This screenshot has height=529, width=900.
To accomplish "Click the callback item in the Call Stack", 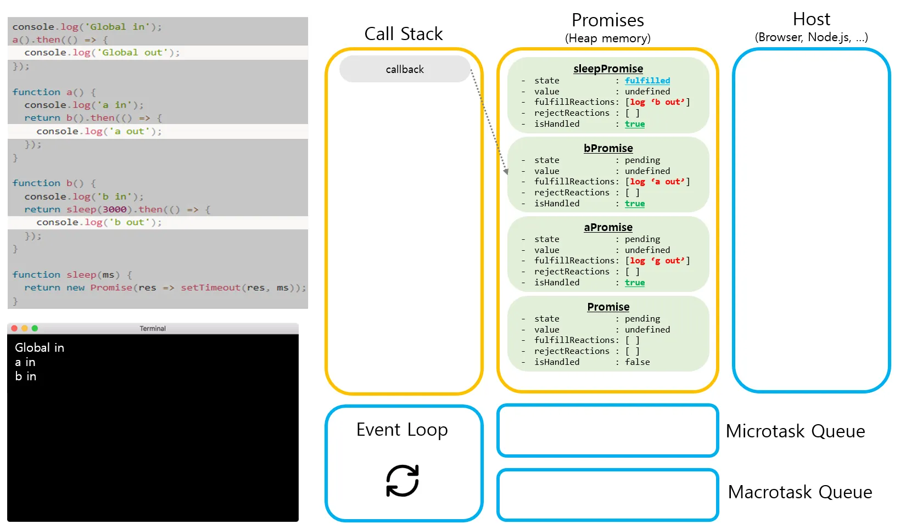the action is [x=405, y=69].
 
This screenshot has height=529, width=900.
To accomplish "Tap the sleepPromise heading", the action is [x=608, y=69].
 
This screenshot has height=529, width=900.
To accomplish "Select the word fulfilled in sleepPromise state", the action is [x=647, y=80].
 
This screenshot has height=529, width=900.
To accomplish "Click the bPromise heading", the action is [x=608, y=148].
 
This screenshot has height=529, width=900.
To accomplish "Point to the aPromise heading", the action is [x=608, y=227].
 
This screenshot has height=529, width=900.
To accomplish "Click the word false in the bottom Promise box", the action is [x=637, y=362].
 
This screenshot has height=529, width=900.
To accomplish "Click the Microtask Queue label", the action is [x=795, y=431].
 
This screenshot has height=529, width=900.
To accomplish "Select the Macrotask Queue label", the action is [x=800, y=492].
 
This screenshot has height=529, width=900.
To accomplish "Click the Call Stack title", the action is [x=404, y=33].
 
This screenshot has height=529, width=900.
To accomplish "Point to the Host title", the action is [x=811, y=19].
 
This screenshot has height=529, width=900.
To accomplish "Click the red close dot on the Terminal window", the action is [x=14, y=328].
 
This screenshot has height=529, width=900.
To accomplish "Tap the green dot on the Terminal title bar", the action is [x=35, y=328].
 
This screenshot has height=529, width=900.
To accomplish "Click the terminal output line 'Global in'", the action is [x=40, y=347].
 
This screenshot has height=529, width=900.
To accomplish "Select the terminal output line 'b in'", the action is [x=26, y=376].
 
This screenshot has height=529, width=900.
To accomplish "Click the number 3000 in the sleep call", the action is [x=115, y=209].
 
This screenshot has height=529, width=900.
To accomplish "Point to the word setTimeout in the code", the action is [x=210, y=288].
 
